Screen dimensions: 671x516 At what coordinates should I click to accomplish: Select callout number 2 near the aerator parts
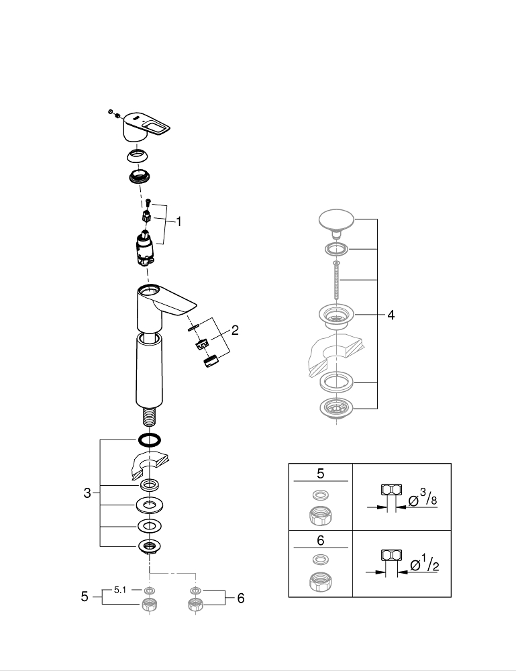point(236,329)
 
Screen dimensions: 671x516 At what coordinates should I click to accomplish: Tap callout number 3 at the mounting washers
point(87,494)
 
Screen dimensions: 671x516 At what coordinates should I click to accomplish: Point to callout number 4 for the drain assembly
point(391,314)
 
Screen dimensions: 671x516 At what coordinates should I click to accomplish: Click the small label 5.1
point(120,590)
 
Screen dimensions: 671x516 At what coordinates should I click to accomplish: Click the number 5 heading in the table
point(321,474)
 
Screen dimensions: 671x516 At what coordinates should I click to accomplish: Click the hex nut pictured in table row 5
point(320,515)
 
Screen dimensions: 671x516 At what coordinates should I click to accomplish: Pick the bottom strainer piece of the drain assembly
point(337,407)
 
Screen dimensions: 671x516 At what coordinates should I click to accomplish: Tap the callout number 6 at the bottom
point(240,599)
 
